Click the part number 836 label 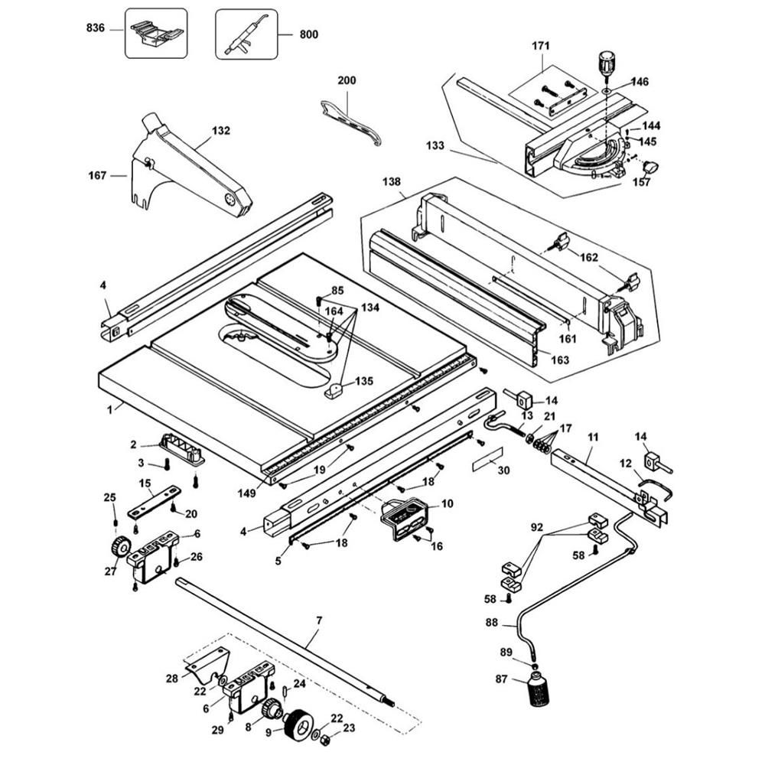tap(96, 28)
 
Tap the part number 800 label tap(308, 34)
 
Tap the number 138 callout tap(391, 181)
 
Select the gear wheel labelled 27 tap(120, 546)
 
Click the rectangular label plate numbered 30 tap(487, 458)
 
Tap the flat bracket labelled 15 tap(155, 502)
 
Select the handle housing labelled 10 tap(405, 519)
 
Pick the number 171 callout tap(540, 45)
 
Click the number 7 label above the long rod tap(319, 620)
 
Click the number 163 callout tap(560, 360)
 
